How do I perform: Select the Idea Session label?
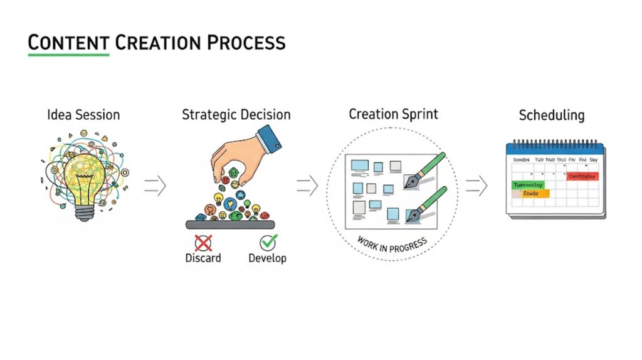click(x=83, y=115)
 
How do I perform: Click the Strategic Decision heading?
click(x=236, y=115)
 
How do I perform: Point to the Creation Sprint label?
click(x=393, y=114)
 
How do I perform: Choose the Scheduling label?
click(x=552, y=115)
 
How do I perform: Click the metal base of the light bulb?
click(x=84, y=212)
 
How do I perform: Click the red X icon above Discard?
click(x=203, y=243)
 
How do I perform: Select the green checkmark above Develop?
click(x=268, y=242)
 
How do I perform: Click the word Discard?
click(x=203, y=258)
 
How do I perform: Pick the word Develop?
click(x=268, y=258)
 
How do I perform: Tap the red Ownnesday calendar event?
click(x=583, y=177)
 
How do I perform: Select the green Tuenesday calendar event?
click(x=529, y=185)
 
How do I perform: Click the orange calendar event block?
click(x=531, y=194)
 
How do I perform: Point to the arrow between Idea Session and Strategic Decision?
click(x=155, y=186)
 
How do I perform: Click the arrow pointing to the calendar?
click(x=476, y=185)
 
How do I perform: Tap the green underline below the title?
click(x=69, y=55)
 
